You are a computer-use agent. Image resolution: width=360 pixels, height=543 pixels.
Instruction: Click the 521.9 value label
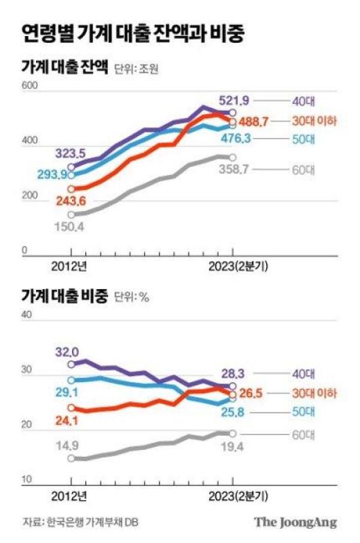[234, 100]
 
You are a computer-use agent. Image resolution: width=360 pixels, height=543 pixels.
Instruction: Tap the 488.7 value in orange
[253, 121]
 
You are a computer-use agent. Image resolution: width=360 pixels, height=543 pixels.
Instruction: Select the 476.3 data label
[236, 138]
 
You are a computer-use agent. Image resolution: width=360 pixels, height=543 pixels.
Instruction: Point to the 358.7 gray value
[234, 169]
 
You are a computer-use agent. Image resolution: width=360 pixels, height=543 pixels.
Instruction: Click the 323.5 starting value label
[71, 153]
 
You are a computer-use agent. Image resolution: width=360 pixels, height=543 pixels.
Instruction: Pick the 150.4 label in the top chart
[69, 227]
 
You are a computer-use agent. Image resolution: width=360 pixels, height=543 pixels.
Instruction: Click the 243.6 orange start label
[71, 201]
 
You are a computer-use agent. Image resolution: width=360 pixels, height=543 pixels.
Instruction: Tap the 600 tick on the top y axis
[30, 86]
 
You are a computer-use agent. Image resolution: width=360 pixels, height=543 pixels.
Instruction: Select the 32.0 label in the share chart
[67, 352]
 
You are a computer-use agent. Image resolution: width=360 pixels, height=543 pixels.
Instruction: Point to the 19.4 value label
[232, 447]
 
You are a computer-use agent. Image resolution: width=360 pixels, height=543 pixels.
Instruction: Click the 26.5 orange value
[251, 394]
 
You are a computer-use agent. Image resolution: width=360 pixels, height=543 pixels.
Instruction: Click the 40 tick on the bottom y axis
[26, 314]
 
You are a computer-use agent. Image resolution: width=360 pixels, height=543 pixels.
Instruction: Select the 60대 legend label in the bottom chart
[304, 435]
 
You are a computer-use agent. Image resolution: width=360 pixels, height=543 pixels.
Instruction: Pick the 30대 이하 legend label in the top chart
[314, 121]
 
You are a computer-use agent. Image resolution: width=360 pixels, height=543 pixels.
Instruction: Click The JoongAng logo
[295, 522]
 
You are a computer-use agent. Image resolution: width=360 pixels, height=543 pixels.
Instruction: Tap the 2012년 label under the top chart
[69, 266]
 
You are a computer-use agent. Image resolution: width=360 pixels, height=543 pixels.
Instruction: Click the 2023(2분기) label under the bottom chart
[238, 497]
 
